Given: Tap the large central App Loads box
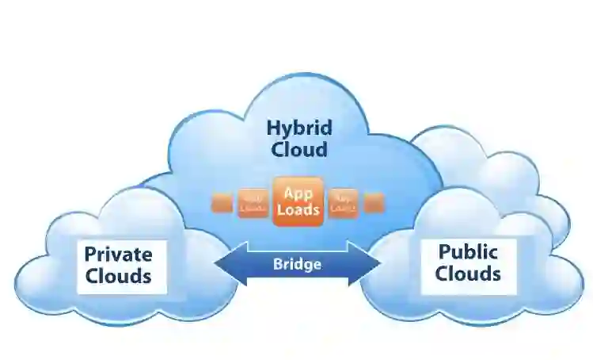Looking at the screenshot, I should coord(298,201).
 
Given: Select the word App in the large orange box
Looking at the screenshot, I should coord(298,192).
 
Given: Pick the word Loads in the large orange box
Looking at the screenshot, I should coord(298,210).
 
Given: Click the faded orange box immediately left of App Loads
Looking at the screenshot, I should coord(253,201).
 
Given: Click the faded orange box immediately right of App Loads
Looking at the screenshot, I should coord(344,201).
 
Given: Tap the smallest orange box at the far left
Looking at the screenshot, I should coord(223,202).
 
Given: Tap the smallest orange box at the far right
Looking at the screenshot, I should coord(373,202).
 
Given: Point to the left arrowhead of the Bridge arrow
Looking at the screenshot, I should coord(224,265).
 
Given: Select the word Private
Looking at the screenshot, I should coord(118,255).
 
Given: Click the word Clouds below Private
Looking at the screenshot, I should coord(118,276).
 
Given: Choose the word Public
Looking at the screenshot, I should coord(468,253).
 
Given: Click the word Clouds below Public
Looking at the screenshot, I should coord(468,274).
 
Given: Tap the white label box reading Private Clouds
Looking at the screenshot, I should coord(120,266).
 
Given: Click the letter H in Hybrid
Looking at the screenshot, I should coord(272,127).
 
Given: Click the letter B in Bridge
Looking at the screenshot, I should coord(277,265).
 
